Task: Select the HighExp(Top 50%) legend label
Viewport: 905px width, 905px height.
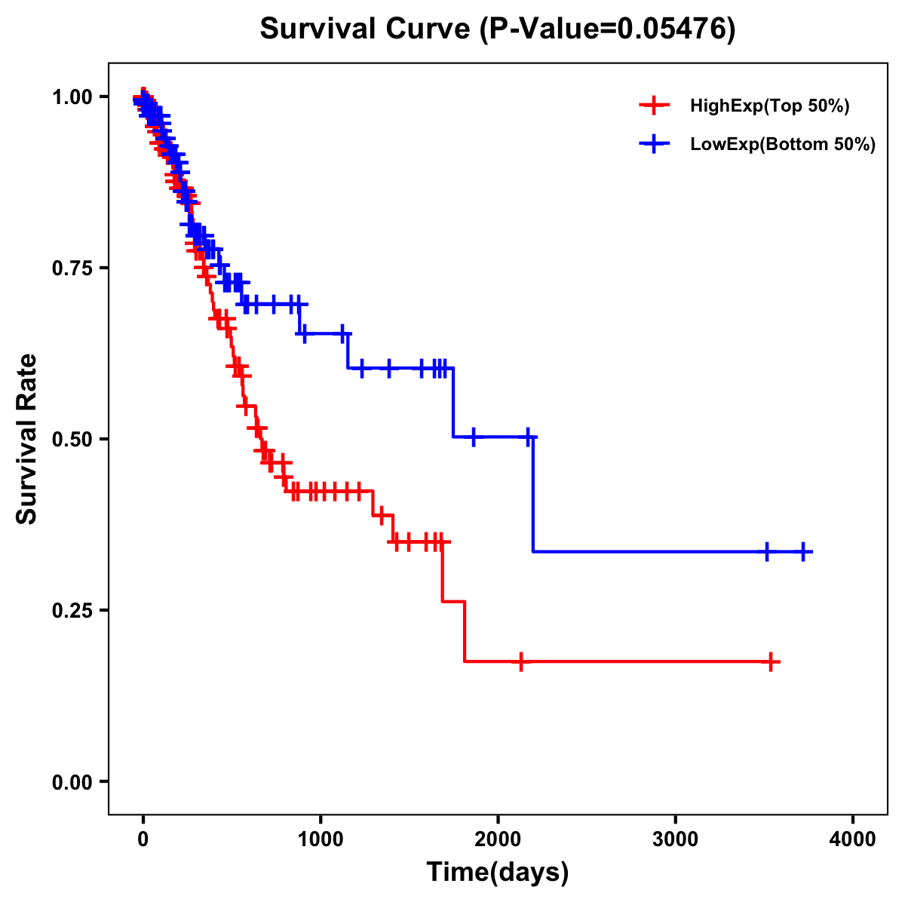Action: (x=769, y=106)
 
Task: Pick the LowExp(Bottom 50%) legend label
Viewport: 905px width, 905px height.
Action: (x=783, y=145)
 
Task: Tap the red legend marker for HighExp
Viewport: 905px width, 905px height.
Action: (x=654, y=106)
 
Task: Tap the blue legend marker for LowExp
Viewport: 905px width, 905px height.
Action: (x=654, y=145)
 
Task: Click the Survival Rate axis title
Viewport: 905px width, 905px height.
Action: (x=27, y=438)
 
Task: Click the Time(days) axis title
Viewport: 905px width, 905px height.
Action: (x=498, y=873)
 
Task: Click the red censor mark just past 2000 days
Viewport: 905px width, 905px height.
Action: (x=520, y=661)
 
